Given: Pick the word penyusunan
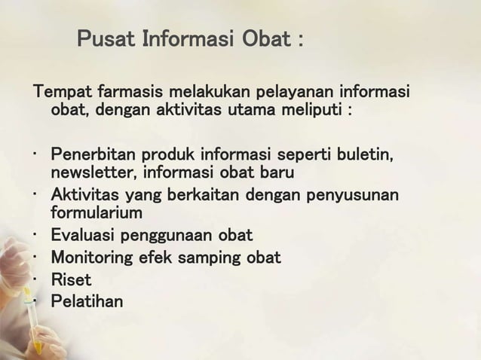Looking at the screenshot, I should click(356, 197).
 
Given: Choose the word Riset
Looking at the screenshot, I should click(71, 279).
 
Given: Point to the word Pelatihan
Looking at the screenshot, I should click(86, 301).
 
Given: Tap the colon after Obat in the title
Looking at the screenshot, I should click(300, 39).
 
